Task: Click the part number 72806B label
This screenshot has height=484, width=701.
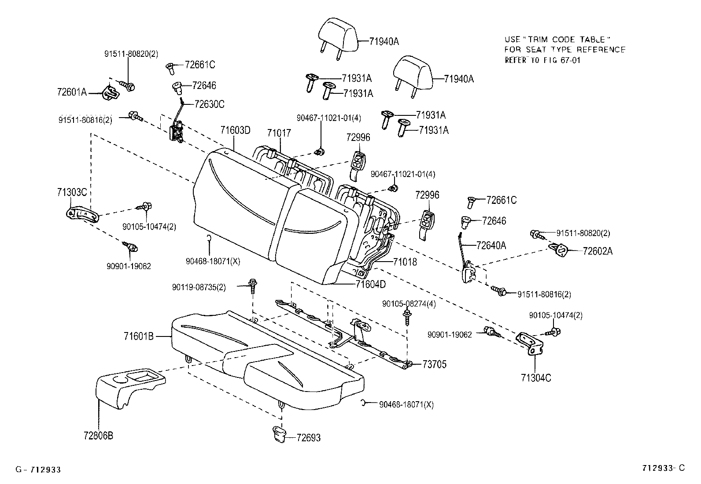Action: tap(98, 436)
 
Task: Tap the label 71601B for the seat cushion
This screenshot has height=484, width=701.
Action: tap(138, 336)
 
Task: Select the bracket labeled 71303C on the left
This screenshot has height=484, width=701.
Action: tap(83, 215)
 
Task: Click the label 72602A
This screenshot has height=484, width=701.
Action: tap(598, 251)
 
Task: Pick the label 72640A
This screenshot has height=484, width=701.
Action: tap(491, 245)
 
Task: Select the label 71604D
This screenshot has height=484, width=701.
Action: tap(370, 284)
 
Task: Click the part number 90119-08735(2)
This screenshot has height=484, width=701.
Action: tap(199, 287)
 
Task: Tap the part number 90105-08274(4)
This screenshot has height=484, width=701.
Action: tap(409, 304)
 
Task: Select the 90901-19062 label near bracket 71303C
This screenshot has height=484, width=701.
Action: tap(129, 266)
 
